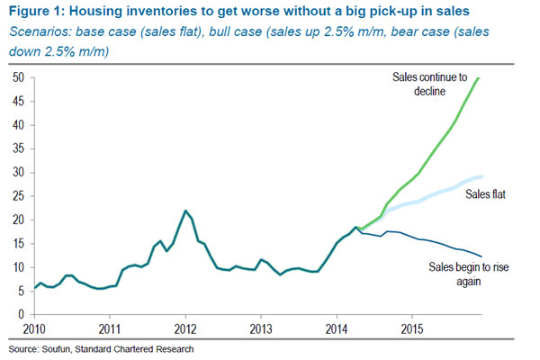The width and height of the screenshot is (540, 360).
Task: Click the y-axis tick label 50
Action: tap(17, 77)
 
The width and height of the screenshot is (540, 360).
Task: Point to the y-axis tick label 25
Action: tap(17, 196)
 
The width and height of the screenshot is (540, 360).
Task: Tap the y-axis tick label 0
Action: tap(20, 314)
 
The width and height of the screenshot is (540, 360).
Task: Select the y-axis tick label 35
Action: tap(17, 148)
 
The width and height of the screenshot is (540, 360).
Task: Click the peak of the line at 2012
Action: tap(185, 211)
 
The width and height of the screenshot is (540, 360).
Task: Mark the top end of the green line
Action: tap(478, 78)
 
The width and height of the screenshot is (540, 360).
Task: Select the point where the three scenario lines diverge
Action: tap(357, 228)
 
